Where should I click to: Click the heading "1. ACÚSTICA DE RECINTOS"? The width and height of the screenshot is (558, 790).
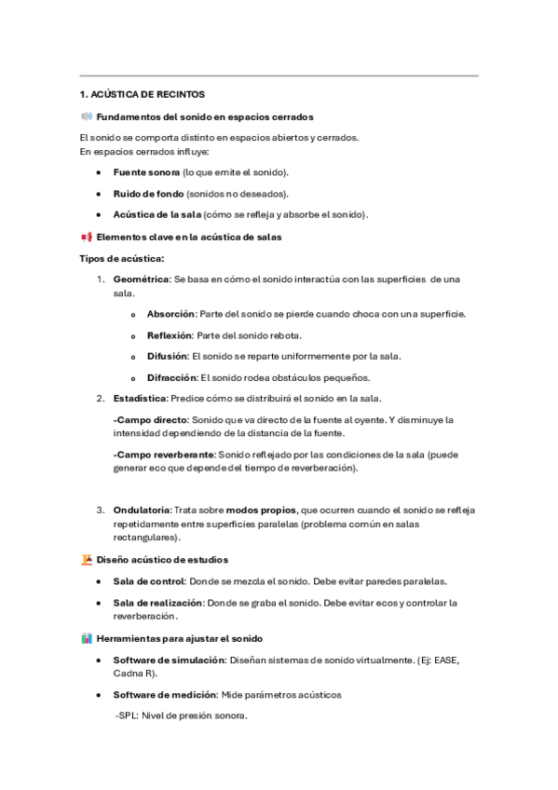(142, 94)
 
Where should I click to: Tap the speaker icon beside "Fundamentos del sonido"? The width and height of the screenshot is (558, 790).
(87, 116)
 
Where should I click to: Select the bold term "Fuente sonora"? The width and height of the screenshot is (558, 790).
(146, 172)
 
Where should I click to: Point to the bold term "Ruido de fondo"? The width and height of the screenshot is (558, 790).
(148, 194)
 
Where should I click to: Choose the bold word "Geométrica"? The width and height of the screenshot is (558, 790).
(141, 279)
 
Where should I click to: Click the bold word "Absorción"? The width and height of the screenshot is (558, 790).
(170, 314)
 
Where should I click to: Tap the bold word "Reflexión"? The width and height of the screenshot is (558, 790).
(170, 335)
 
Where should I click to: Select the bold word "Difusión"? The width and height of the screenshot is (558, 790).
(167, 356)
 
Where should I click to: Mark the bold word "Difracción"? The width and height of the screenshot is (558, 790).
(171, 377)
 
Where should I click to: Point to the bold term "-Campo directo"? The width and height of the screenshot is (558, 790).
(146, 420)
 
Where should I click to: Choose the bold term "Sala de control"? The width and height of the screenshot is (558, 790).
(149, 581)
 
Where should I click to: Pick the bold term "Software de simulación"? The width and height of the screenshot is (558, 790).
(169, 660)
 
